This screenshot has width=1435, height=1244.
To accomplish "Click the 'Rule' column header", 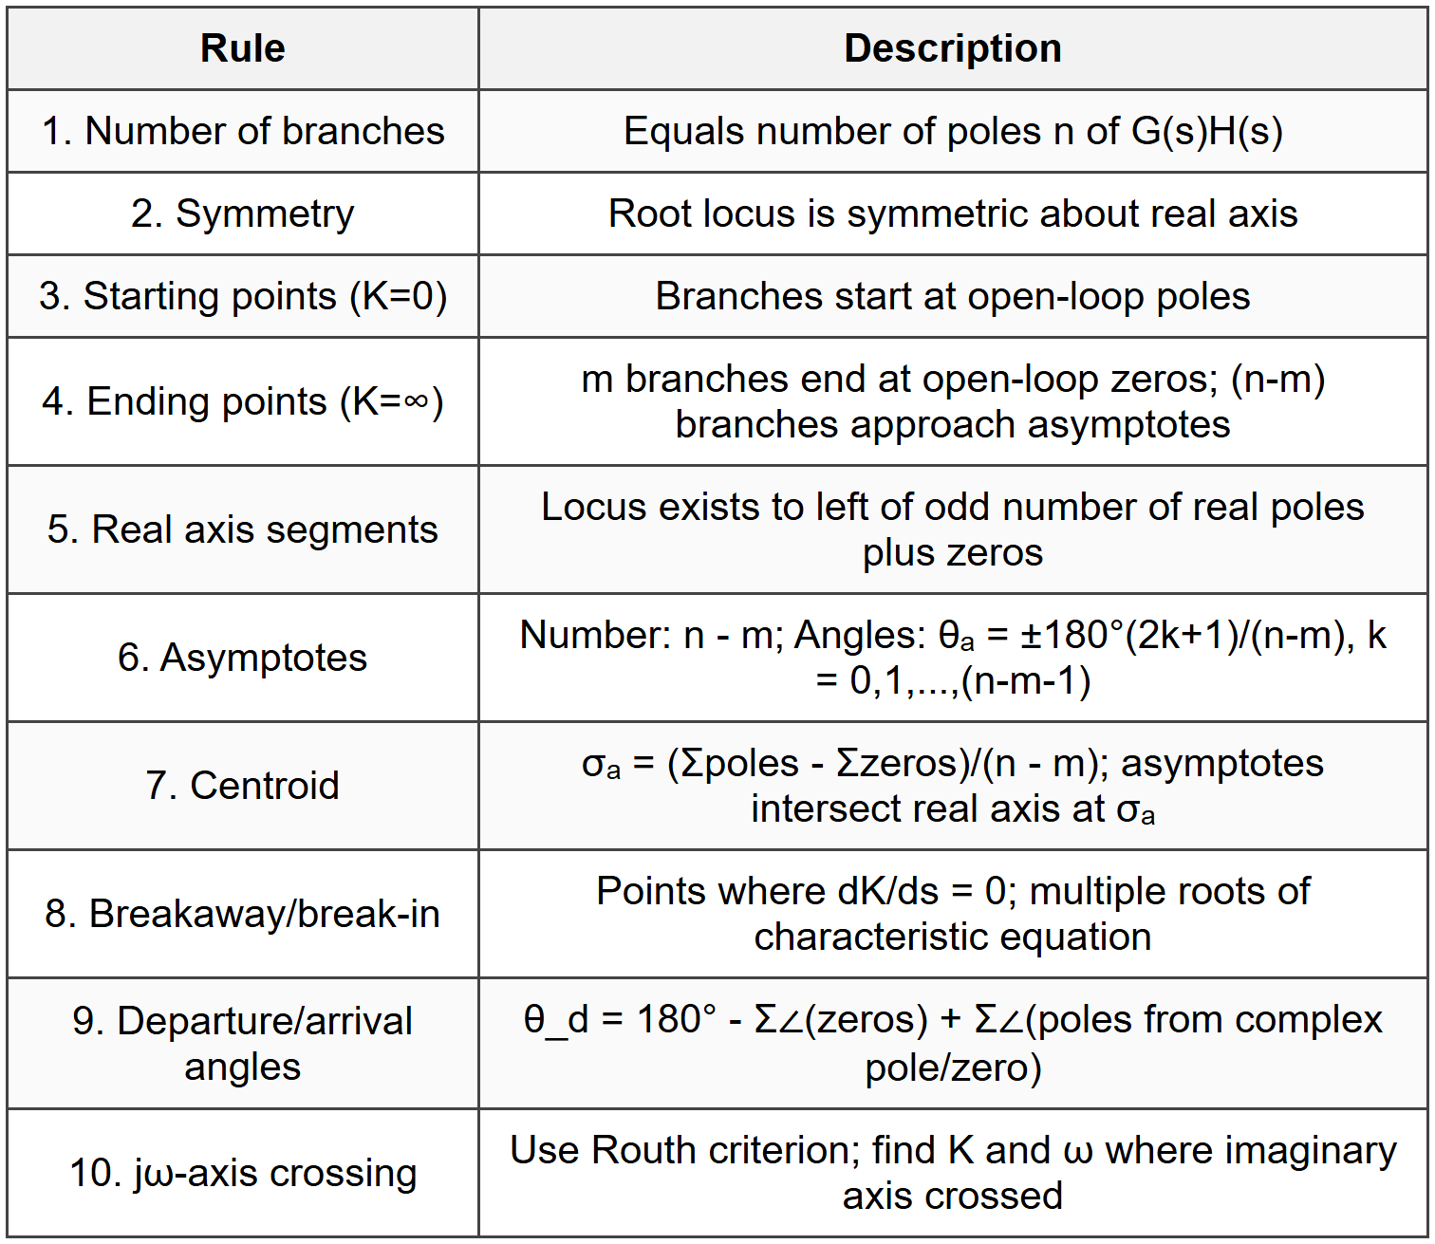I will coord(242,48).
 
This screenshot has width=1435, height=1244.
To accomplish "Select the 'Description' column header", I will coord(952,48).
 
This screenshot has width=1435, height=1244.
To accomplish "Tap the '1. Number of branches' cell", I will coord(242,131).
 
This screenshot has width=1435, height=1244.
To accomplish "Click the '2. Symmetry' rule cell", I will coord(242,214).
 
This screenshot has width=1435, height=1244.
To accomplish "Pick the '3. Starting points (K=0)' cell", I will coord(242,296).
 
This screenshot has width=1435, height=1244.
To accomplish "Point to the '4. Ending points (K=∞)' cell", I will coord(242,401).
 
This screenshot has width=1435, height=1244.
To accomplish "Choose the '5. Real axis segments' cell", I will coord(242,529).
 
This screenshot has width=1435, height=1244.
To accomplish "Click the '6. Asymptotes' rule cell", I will coord(242,658).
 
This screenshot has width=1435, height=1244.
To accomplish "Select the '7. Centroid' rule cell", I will coord(242,786).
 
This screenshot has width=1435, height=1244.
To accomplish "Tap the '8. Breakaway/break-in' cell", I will coord(242,914).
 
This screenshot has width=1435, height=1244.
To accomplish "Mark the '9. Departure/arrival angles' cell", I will coord(242,1044).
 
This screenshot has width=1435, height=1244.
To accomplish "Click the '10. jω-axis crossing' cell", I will coord(242,1173).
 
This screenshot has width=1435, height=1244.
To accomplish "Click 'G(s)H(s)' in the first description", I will coord(1206,131).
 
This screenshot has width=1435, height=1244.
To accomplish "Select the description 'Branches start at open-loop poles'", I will coord(952,296).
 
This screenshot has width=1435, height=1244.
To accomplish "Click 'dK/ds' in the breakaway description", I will coord(888,891).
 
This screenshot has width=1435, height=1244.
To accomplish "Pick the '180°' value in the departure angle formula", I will coord(677,1020).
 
